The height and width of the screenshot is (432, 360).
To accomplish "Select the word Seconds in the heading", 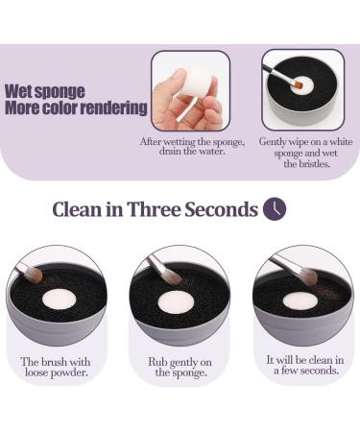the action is click(x=222, y=209).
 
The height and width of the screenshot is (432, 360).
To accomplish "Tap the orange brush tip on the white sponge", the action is click(x=299, y=84).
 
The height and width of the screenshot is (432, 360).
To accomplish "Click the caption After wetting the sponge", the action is click(x=192, y=146).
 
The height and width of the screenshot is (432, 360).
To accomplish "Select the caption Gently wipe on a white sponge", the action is click(x=306, y=153).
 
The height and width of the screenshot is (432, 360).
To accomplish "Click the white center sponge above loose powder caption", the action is click(x=60, y=299).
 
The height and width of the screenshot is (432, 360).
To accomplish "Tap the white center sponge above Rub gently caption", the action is click(x=177, y=300).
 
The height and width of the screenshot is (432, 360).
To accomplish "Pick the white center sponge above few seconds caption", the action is click(x=300, y=300).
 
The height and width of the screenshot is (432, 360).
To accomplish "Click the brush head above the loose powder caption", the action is click(x=34, y=275).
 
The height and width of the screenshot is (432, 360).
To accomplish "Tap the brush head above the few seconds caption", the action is click(x=308, y=276).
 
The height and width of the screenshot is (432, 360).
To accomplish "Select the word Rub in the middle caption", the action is click(x=157, y=362).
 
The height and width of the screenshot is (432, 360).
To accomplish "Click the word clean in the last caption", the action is click(x=321, y=360).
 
